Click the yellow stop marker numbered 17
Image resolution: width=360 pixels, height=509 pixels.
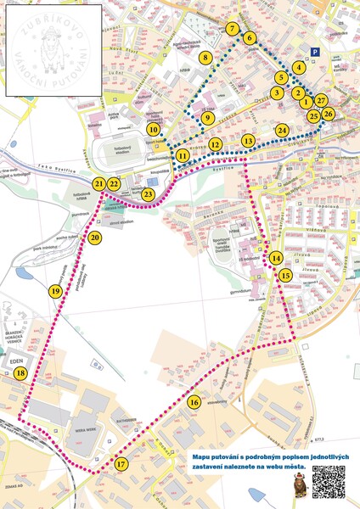tap(121, 464)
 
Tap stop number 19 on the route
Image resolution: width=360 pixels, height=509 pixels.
tap(55, 291)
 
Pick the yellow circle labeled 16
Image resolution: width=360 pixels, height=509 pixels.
tap(194, 402)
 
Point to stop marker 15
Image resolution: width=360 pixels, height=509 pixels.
tap(285, 275)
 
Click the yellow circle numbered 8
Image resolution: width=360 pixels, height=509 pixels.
tap(205, 58)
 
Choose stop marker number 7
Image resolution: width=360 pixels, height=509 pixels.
tap(233, 29)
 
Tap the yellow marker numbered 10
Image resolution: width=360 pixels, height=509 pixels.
tap(153, 130)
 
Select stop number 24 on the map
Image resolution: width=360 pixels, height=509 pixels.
tap(282, 130)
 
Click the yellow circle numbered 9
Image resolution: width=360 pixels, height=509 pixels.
tap(207, 118)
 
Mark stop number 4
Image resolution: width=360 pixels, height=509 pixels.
tap(298, 67)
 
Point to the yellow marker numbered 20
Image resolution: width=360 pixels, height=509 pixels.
tap(94, 238)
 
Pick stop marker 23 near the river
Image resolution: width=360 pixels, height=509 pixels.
tap(149, 195)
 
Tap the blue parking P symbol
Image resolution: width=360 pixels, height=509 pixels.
tap(316, 52)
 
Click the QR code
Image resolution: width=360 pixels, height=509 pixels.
tap(329, 482)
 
